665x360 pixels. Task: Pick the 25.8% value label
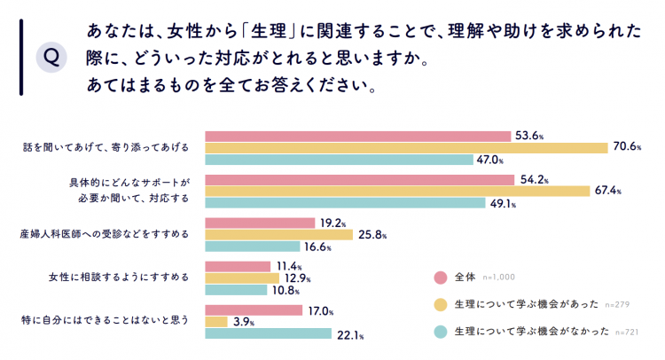[x=372, y=235]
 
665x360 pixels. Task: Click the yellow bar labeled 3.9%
[x=215, y=322]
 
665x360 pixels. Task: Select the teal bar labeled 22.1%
[x=267, y=334]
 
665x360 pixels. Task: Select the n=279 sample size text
[x=615, y=305]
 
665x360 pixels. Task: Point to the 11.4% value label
[x=289, y=266]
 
